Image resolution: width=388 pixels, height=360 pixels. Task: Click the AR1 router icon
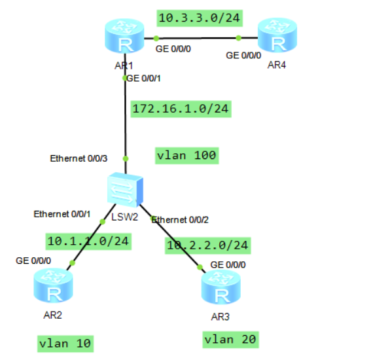(x=123, y=39)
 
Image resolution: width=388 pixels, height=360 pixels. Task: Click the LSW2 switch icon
(x=124, y=191)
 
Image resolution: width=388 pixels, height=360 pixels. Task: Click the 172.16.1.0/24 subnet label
(x=180, y=109)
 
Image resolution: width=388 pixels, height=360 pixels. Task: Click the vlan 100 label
(x=186, y=156)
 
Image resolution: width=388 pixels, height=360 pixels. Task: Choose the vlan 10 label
(x=65, y=343)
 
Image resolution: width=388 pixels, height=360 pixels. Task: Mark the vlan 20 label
(x=231, y=339)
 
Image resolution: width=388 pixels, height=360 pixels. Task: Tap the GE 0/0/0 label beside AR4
(x=244, y=56)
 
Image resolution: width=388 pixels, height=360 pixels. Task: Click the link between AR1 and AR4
(x=196, y=37)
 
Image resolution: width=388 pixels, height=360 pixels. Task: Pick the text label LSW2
(x=124, y=217)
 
